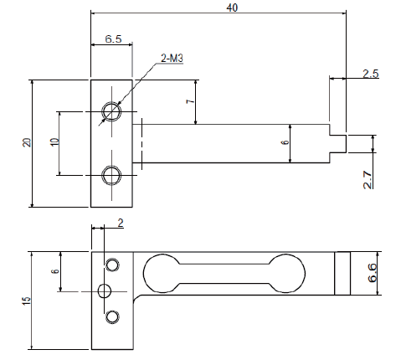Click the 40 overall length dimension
point(232,8)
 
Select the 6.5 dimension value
point(114,39)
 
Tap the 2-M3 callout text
point(172,58)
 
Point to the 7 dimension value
point(190,101)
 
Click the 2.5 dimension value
point(371,74)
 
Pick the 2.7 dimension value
point(368,180)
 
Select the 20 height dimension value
point(28,142)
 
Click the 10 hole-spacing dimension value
point(55,141)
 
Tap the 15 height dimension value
point(26,301)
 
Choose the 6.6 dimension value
point(373,273)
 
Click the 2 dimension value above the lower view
point(121,223)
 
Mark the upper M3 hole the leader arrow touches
point(111,111)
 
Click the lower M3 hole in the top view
point(111,175)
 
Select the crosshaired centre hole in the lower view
point(105,291)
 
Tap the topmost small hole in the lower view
point(112,265)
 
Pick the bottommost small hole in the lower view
point(112,317)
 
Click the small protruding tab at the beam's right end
point(338,144)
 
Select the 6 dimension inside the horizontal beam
point(285,142)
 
